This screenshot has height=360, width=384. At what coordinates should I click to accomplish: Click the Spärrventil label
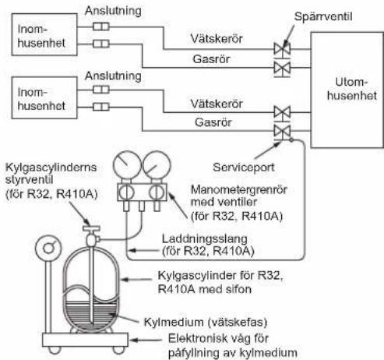tap(323, 16)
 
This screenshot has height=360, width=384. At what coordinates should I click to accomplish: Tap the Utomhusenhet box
tap(347, 90)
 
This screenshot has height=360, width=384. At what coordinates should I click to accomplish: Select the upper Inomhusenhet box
tap(44, 34)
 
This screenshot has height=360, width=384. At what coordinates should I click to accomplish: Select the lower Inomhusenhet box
tap(44, 97)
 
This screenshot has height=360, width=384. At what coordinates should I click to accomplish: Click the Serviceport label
tap(244, 168)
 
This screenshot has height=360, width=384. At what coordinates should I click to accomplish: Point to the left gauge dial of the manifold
tap(127, 165)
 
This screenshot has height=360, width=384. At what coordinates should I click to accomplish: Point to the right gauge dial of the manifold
tap(157, 165)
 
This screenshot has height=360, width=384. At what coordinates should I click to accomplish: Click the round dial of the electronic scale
tap(48, 248)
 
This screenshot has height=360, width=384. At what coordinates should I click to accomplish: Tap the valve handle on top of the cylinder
tap(91, 228)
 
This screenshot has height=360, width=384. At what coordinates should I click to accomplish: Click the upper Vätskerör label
tap(217, 39)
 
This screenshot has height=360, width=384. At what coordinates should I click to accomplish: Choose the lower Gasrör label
tap(213, 122)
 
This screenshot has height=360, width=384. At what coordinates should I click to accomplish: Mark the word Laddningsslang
tap(205, 239)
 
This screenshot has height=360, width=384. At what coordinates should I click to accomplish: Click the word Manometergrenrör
tap(239, 190)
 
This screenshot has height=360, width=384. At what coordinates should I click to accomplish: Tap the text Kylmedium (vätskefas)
tap(206, 323)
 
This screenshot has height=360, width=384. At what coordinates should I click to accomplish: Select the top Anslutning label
tap(113, 11)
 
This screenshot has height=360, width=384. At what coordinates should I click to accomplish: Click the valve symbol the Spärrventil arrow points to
tap(282, 49)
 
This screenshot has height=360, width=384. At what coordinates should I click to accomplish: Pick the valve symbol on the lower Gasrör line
tap(282, 132)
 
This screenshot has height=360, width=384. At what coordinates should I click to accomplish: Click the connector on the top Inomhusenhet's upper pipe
tap(101, 26)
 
